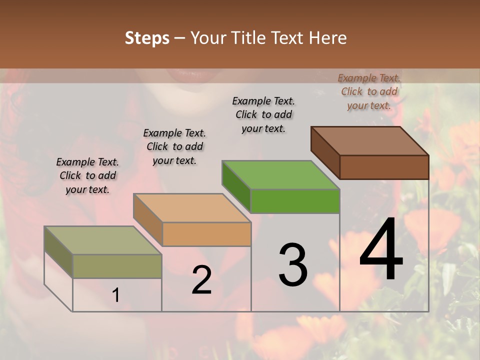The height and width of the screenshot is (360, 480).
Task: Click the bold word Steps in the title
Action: point(147,38)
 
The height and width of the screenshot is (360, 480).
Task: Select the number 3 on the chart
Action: point(293,265)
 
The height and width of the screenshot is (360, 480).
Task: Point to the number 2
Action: point(201,280)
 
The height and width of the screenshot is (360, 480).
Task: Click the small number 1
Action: point(116,295)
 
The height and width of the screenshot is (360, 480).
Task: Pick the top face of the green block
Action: point(280,175)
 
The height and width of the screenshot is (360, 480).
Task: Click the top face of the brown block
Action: point(370,140)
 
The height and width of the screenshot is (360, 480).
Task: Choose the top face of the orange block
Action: point(192,208)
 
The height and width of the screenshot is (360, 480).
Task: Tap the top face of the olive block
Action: point(103,240)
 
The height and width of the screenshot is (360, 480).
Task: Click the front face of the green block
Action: point(295,201)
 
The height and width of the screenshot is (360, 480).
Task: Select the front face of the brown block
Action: point(384,167)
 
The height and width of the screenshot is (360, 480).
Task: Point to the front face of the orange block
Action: point(206,234)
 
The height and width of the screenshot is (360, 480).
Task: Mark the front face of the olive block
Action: point(117,266)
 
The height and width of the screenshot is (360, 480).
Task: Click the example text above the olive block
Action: point(87,175)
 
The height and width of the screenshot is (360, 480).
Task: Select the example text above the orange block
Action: point(174,146)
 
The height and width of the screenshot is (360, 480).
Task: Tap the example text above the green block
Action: point(263,114)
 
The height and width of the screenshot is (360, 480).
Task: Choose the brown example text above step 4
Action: point(369,91)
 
